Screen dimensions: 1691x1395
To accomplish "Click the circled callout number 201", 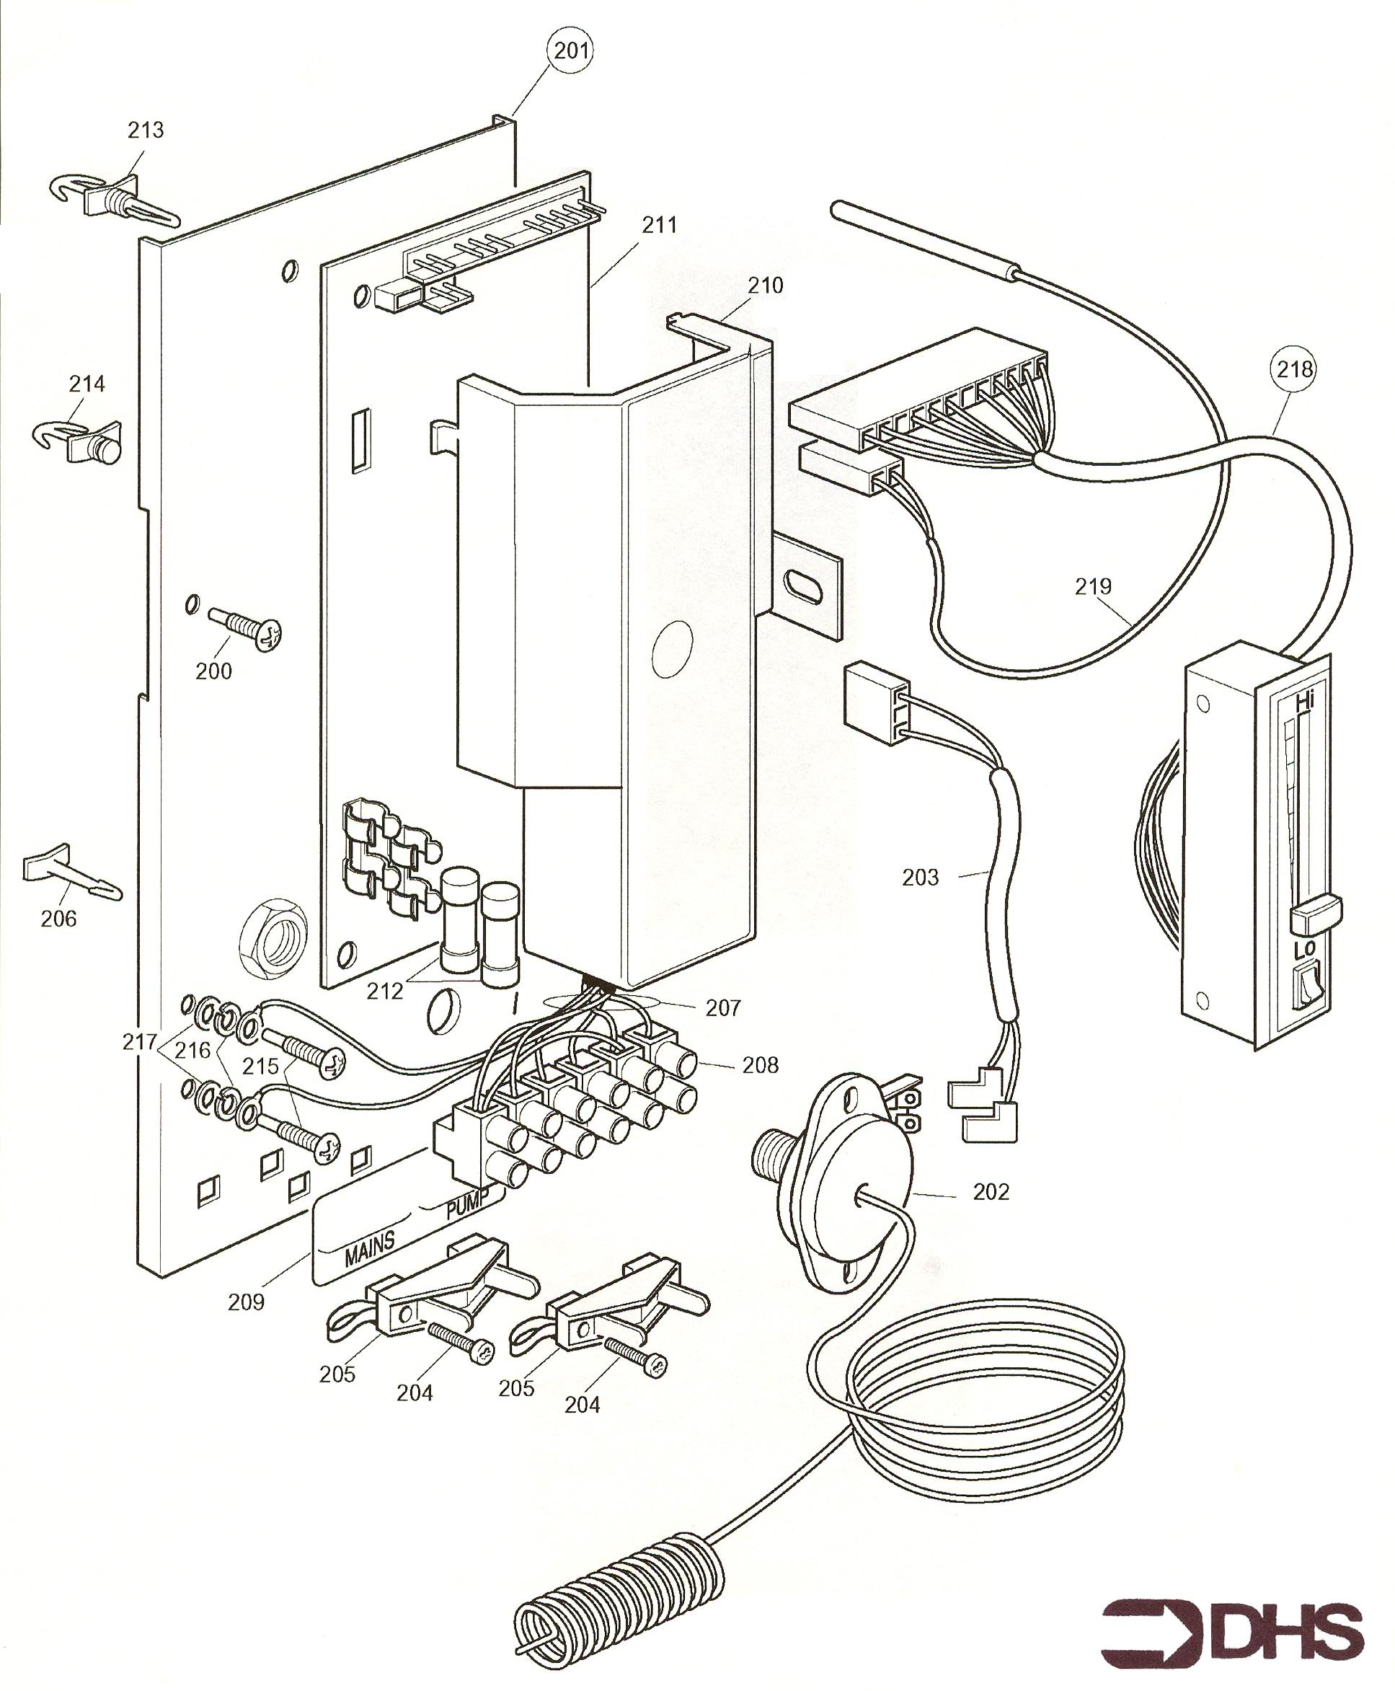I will coord(572,50).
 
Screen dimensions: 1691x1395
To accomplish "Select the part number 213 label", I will coord(146,129).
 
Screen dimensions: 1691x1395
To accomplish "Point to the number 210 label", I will coord(765,286).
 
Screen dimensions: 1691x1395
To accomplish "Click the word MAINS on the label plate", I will coord(370,1248).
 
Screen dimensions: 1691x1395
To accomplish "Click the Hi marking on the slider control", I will coord(1305,702).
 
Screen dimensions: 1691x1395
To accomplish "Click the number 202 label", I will coord(991,1191).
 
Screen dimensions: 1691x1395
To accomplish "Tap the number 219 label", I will coord(1093,586).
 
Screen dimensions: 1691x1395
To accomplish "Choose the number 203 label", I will coord(920,877).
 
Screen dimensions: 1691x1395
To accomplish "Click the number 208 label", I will coord(760,1065).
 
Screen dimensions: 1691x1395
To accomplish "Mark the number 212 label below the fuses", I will coord(385,991).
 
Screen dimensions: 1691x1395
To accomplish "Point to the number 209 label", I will coord(246,1301).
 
